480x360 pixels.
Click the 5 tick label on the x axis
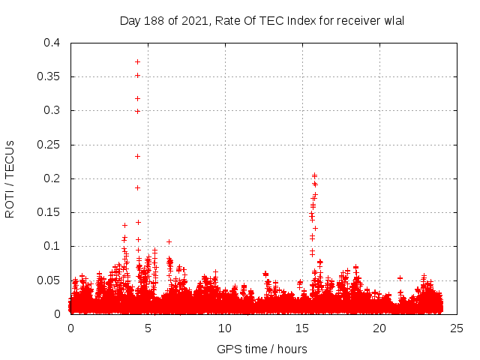[148, 328]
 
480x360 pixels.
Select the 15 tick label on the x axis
[302, 328]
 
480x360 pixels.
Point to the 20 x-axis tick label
[379, 328]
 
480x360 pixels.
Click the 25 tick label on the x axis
[457, 328]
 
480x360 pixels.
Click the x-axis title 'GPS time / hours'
[262, 349]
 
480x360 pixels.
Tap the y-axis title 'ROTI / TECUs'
[10, 178]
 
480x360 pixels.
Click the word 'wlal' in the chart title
[394, 20]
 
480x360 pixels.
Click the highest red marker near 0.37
[137, 61]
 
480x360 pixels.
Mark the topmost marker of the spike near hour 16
[314, 175]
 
